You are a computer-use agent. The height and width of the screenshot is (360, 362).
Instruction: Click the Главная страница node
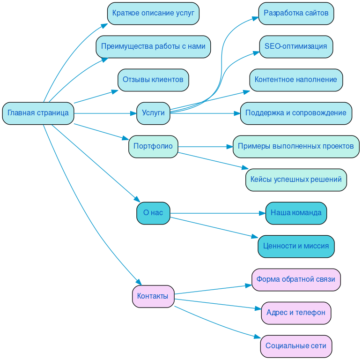(x=38, y=113)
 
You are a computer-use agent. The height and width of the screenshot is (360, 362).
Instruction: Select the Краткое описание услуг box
(x=153, y=13)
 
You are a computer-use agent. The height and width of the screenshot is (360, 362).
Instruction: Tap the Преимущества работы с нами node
(x=153, y=47)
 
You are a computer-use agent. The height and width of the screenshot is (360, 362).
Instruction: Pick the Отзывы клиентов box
(x=153, y=80)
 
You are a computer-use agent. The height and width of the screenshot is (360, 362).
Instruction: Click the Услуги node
(x=153, y=113)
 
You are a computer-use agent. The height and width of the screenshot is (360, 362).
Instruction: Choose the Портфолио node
(x=153, y=146)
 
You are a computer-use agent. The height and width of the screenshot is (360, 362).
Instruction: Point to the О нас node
(x=153, y=213)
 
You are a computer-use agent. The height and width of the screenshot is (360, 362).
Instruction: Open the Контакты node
(x=153, y=296)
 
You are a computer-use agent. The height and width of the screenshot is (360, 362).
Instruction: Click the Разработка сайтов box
(x=296, y=13)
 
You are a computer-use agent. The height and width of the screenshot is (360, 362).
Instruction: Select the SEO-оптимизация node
(x=296, y=47)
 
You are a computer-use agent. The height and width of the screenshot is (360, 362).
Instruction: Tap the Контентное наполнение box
(x=296, y=80)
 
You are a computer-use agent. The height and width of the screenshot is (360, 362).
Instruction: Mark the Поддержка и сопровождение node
(x=296, y=113)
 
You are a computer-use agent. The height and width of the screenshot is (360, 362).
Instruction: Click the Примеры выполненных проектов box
(x=296, y=146)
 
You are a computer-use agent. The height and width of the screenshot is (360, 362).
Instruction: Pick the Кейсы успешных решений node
(x=296, y=180)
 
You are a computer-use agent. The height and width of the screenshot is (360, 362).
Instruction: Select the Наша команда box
(x=296, y=213)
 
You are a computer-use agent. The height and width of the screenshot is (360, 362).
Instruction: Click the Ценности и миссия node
(x=296, y=246)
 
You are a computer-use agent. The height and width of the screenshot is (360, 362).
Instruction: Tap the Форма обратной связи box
(x=296, y=279)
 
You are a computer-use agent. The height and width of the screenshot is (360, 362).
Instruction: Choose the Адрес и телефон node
(x=296, y=313)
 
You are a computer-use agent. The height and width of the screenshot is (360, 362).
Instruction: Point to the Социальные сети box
(x=296, y=346)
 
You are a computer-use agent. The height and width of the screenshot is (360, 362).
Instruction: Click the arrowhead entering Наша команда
(x=262, y=213)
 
